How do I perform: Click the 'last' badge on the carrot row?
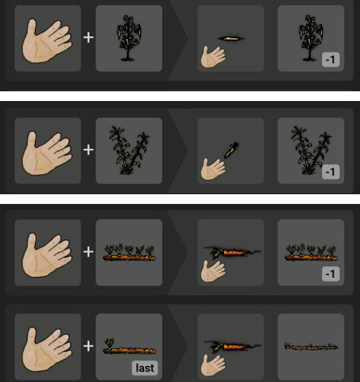pos(144,368)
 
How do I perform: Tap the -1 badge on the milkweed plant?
pos(330,60)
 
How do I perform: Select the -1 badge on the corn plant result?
pos(330,172)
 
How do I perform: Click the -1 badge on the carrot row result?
pos(330,274)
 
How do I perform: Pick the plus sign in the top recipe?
pos(89,38)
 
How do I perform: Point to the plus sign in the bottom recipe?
pos(89,346)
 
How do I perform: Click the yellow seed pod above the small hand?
pos(231,38)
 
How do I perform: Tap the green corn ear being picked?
pos(231,150)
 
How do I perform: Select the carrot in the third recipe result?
pos(232,252)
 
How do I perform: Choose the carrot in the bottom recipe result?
pos(232,346)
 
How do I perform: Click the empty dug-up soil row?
pos(311,346)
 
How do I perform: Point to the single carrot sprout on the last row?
pos(109,343)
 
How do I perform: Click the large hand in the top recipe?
pos(47,41)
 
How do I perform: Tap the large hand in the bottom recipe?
pos(47,349)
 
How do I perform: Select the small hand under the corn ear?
pos(213,169)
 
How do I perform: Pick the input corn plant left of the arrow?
pos(129,150)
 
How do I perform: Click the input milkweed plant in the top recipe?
pos(129,38)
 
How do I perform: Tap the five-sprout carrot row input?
pos(129,253)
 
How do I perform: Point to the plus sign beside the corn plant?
pos(89,150)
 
